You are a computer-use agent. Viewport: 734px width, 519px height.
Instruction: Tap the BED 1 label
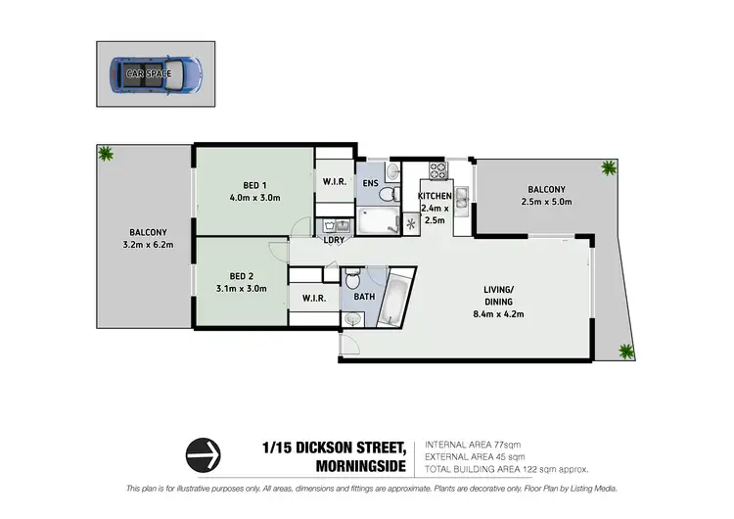[254, 186]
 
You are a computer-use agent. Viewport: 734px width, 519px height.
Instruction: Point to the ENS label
[371, 183]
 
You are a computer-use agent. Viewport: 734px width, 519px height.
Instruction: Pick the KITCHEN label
[435, 197]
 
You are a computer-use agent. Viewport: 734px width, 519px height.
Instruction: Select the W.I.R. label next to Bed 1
[334, 182]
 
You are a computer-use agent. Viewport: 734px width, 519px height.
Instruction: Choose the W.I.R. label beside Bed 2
[313, 298]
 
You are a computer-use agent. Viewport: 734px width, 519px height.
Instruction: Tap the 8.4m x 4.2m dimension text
[506, 314]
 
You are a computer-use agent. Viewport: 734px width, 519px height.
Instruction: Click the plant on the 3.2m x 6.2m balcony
[105, 154]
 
